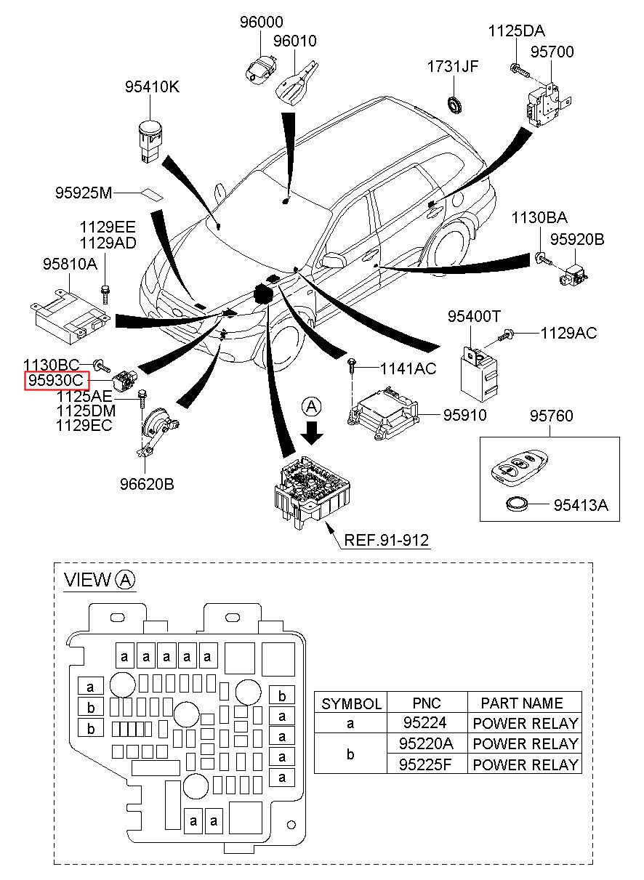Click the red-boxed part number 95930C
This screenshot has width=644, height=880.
57,380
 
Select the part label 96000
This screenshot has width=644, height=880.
262,23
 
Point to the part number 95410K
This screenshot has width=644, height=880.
152,87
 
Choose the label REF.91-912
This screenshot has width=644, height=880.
387,540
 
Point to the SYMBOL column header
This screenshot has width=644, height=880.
351,703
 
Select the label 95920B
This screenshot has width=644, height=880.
576,239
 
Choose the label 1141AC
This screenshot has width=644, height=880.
408,369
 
